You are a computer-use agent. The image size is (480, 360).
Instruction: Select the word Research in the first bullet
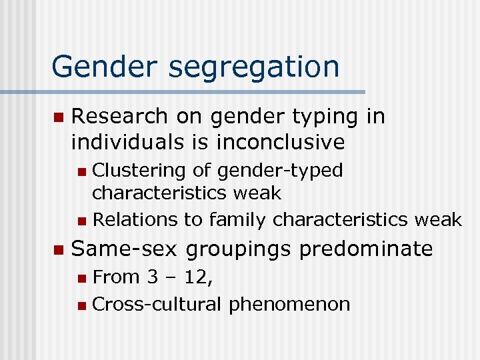[x=119, y=117]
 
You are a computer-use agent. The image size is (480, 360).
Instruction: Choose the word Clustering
[x=138, y=171]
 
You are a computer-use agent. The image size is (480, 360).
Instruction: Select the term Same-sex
[x=125, y=249]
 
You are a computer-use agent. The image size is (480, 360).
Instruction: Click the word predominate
[x=365, y=249]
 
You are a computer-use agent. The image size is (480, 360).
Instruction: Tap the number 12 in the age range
[x=197, y=277]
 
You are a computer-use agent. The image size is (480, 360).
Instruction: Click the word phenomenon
[x=289, y=305]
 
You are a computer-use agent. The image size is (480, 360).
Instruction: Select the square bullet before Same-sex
[x=58, y=250]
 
